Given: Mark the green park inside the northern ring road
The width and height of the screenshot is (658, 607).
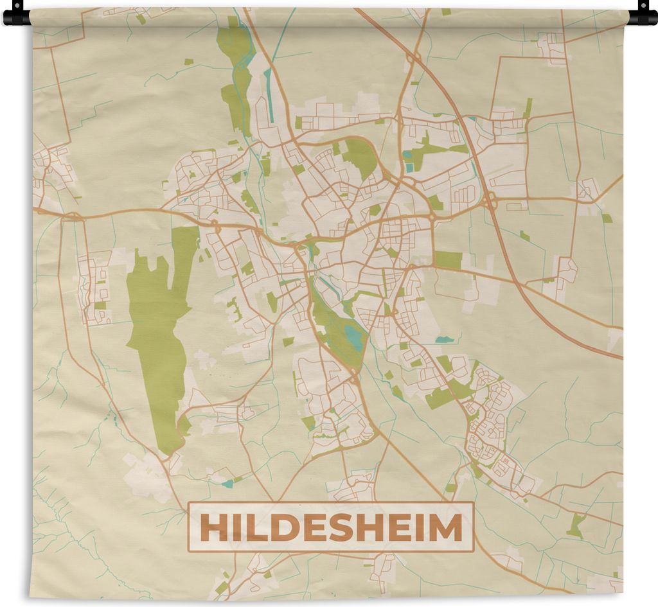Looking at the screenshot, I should [360, 157].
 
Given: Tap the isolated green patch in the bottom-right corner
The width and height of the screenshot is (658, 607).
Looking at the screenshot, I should [576, 525].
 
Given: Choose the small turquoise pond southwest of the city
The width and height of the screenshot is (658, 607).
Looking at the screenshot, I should [228, 483].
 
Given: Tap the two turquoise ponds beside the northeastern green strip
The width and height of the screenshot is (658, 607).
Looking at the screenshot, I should [408, 161].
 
